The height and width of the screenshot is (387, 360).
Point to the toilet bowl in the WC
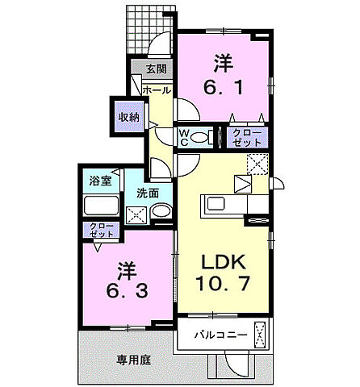(x=201, y=137)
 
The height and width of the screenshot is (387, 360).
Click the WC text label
(x=183, y=137)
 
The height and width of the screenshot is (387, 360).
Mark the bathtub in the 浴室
(x=101, y=205)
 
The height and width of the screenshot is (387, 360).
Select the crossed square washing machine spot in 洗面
(x=136, y=214)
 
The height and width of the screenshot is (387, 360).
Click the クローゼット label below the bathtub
(x=101, y=230)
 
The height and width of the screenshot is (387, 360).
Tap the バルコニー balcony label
(x=213, y=334)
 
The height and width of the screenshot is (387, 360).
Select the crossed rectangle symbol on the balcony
(x=261, y=333)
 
